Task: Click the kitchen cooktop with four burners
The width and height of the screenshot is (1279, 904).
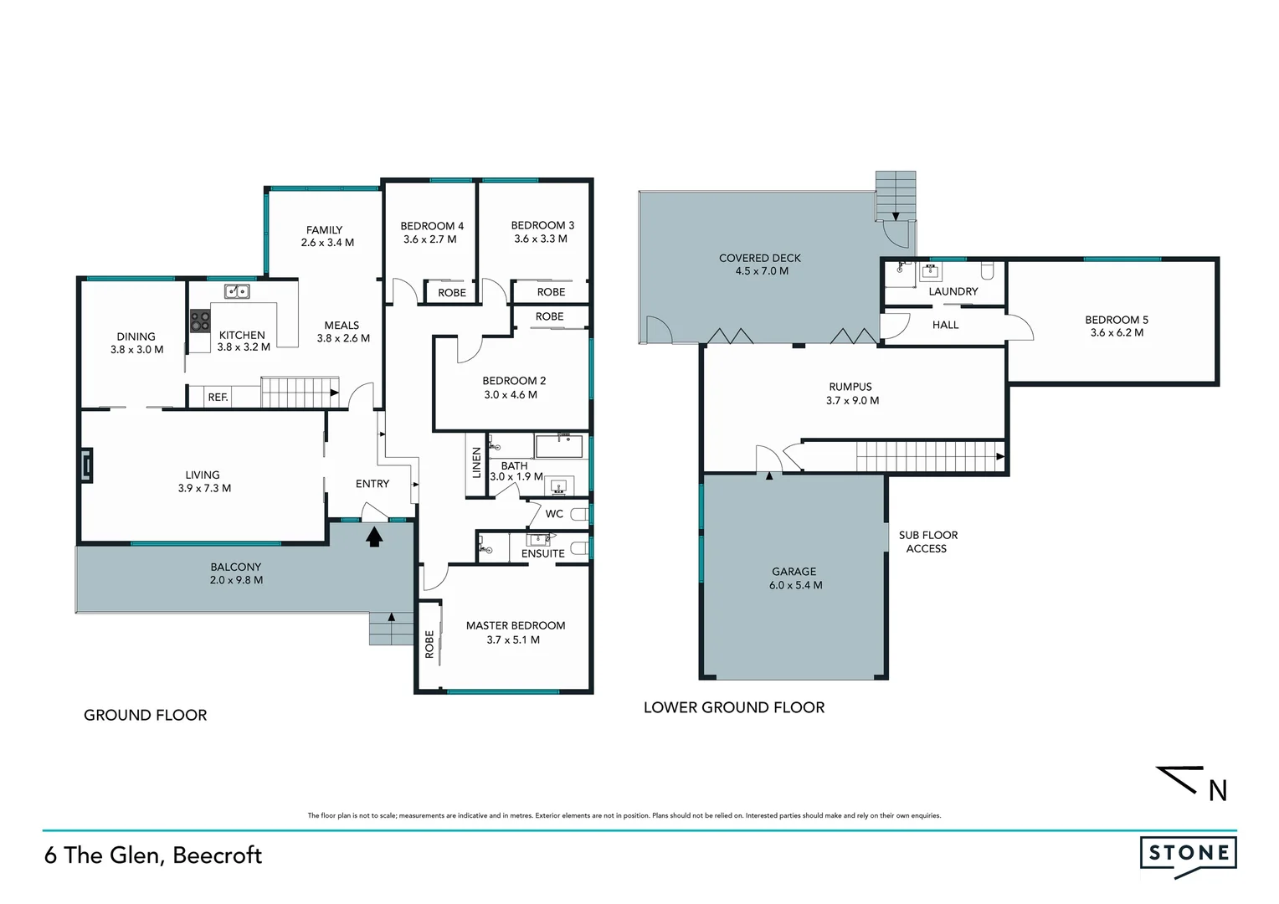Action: point(200,321)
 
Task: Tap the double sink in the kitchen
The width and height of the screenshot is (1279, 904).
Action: point(236,291)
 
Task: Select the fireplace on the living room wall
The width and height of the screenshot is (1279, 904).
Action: point(86,466)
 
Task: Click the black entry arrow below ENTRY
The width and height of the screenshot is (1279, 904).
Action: point(373,536)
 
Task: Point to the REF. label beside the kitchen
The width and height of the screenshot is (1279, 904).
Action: point(218,397)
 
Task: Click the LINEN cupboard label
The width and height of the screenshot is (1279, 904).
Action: point(476,464)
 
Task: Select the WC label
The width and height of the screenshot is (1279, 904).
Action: point(554,514)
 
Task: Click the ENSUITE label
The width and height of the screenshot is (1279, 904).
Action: point(542,553)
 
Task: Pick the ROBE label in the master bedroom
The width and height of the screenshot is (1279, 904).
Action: point(429,644)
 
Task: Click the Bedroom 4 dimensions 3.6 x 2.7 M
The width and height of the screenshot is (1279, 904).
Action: point(430,239)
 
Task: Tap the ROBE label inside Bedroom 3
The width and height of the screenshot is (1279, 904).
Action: point(551,292)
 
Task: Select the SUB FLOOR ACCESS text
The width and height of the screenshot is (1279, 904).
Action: point(927,542)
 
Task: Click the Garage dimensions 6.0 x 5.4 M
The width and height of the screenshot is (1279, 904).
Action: point(795,585)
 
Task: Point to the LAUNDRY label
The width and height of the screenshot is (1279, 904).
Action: point(953,291)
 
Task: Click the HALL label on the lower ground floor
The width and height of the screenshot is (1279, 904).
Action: point(945,325)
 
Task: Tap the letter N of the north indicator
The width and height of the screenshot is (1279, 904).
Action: point(1218,790)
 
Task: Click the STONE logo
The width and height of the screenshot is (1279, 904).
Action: point(1188,854)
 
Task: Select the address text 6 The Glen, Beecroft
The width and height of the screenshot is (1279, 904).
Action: point(153,855)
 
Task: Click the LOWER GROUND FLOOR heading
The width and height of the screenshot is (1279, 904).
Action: point(733,708)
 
